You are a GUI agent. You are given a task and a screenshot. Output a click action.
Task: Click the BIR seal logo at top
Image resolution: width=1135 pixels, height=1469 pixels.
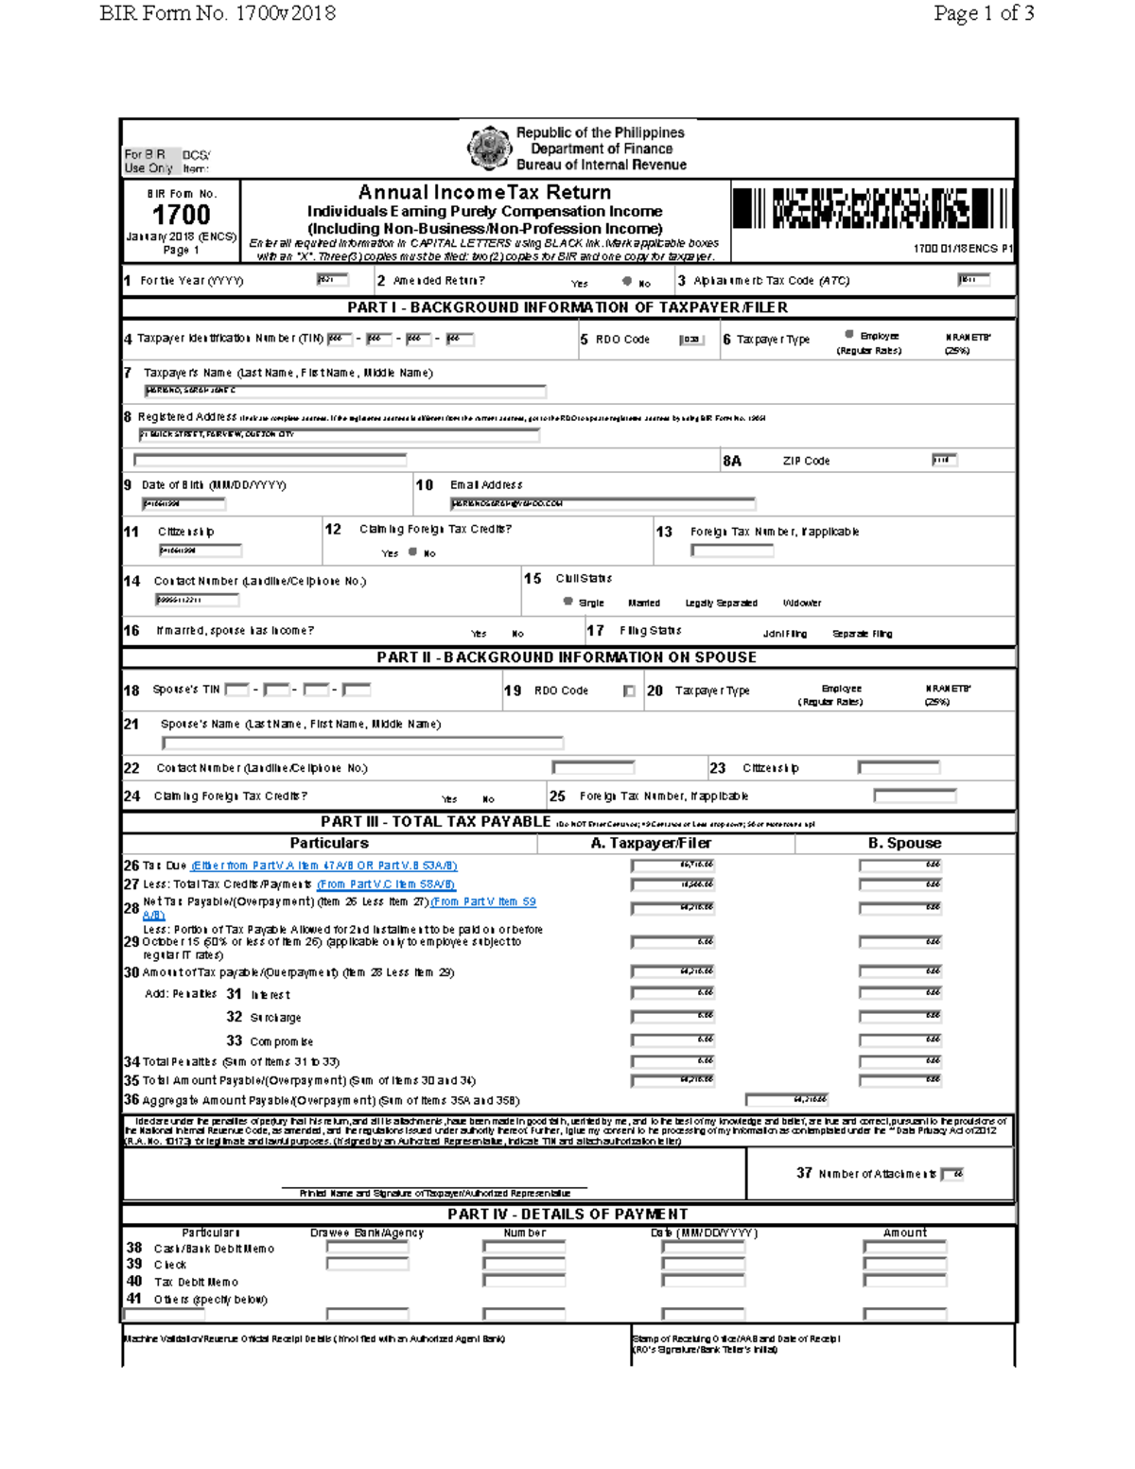[489, 148]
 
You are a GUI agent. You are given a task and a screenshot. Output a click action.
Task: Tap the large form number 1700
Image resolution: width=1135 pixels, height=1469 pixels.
[181, 216]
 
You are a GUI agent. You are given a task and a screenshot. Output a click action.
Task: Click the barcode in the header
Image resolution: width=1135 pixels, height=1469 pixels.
[871, 209]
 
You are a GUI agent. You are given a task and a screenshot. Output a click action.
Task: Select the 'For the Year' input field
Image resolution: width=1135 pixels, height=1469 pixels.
[332, 280]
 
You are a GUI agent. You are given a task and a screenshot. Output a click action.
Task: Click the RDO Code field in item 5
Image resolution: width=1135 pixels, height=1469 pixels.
[692, 340]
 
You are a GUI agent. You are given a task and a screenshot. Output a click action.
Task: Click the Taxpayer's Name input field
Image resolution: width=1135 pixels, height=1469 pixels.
[345, 391]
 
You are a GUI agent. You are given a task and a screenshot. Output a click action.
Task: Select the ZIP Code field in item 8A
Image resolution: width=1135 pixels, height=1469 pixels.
[944, 461]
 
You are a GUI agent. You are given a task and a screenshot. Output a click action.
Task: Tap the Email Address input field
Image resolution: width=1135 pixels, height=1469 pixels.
[602, 504]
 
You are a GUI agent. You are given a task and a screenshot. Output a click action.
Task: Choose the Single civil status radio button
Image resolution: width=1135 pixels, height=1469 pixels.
[567, 602]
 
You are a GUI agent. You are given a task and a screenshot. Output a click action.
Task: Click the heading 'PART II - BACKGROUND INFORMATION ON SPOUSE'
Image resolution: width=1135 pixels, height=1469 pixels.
[567, 657]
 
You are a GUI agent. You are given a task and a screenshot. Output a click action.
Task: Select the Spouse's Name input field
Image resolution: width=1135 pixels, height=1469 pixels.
[362, 743]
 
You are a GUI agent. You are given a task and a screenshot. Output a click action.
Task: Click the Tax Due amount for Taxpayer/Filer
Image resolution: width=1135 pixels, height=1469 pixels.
[672, 866]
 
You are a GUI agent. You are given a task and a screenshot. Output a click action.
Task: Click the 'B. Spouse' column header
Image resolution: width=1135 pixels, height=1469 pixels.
[904, 843]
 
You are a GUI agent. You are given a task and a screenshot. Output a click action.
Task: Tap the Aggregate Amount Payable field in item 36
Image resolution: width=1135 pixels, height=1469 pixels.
[786, 1099]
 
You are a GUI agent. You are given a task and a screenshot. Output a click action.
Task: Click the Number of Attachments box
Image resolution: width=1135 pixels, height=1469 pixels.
[952, 1174]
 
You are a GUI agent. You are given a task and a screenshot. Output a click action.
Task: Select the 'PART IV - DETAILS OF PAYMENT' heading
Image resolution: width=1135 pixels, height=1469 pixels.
[567, 1215]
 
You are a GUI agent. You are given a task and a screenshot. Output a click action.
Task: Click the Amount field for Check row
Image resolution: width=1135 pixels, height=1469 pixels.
[904, 1265]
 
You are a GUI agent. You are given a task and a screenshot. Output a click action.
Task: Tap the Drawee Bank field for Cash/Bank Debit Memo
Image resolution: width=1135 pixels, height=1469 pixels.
[367, 1248]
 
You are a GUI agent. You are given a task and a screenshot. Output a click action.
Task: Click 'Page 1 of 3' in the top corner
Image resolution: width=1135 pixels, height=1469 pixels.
[983, 13]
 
